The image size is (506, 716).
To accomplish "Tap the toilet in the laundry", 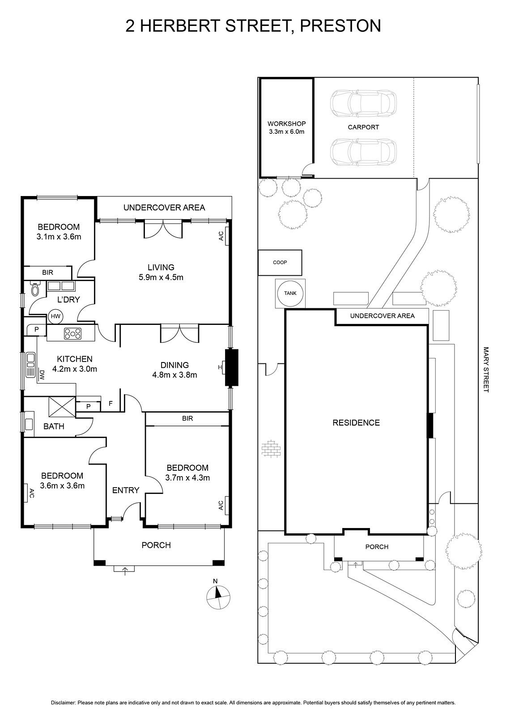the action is pos(35,288).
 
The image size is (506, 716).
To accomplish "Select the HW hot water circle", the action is pos(55,316).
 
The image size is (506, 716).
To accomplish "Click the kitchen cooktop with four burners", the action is pos(73,334).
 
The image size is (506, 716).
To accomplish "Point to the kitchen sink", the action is pos(31,365).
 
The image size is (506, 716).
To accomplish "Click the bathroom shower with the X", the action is pos(62,406).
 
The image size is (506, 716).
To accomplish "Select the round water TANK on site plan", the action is pos(290,293).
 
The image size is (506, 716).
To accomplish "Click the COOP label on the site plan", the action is pos(280,262).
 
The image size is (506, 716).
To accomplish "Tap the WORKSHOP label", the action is pos(286,124).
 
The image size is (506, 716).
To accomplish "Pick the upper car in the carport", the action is pos(363,103).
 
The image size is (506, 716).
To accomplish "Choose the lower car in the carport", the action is pos(363,152).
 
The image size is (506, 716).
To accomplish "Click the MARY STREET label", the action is pos(486,370).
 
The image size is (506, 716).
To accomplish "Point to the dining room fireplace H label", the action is pos(220,367).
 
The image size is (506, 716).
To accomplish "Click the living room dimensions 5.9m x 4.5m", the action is pos(161,277).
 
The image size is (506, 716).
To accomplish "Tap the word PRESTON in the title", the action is pos(340,26).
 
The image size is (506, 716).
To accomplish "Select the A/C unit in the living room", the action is pos(227,236).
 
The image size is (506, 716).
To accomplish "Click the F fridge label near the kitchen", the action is pos(111,404).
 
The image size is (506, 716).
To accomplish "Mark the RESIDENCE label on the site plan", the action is pos(356,422).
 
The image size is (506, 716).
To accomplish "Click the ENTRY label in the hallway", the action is pos(126,490).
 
